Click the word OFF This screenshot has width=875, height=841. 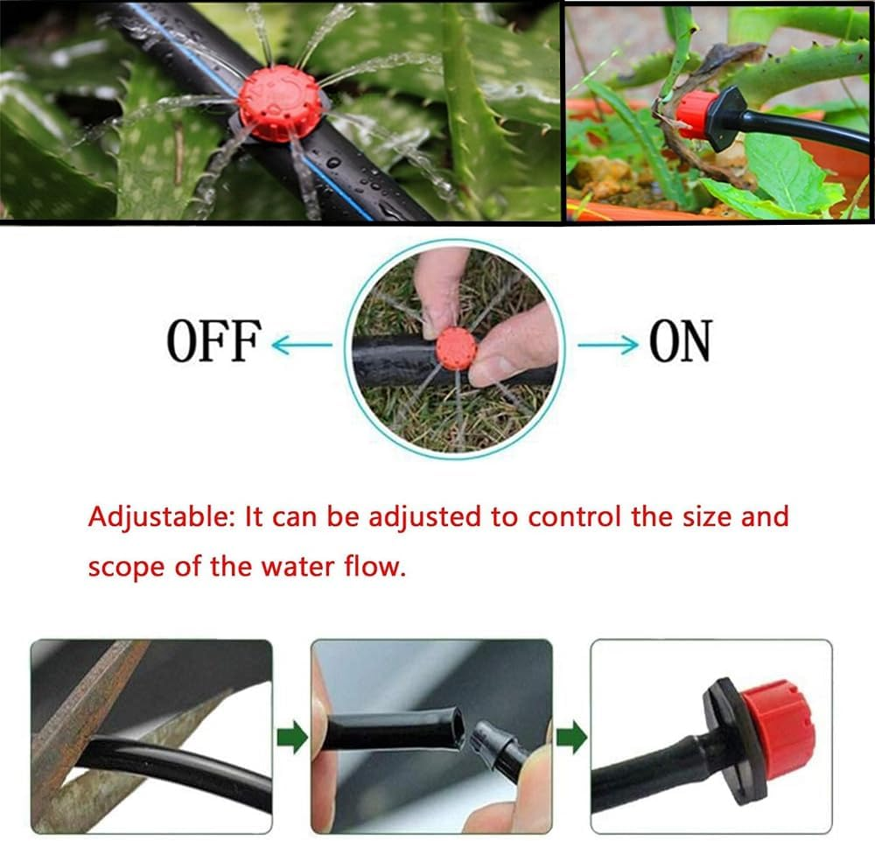(213, 341)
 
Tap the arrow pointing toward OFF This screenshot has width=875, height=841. (302, 345)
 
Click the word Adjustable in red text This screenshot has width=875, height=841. (153, 517)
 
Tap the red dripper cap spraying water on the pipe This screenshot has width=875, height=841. (279, 103)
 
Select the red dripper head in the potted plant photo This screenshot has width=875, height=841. (696, 115)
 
